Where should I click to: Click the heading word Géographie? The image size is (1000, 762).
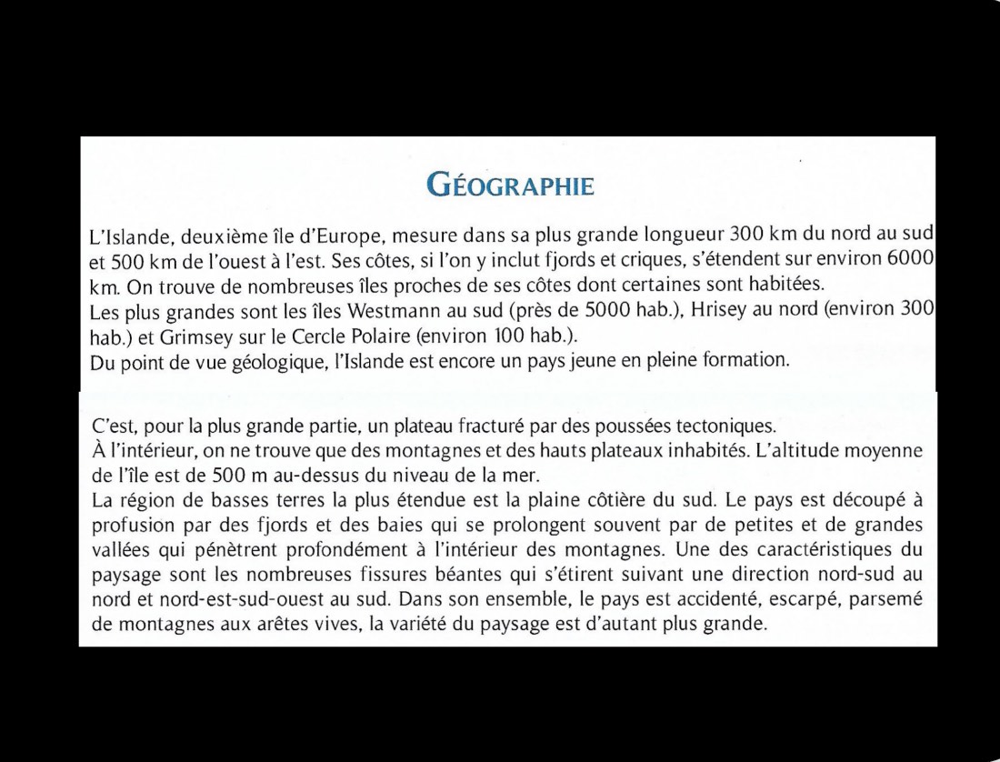click(510, 185)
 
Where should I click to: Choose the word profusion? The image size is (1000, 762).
click(130, 526)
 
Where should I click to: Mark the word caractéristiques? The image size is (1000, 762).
click(814, 550)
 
